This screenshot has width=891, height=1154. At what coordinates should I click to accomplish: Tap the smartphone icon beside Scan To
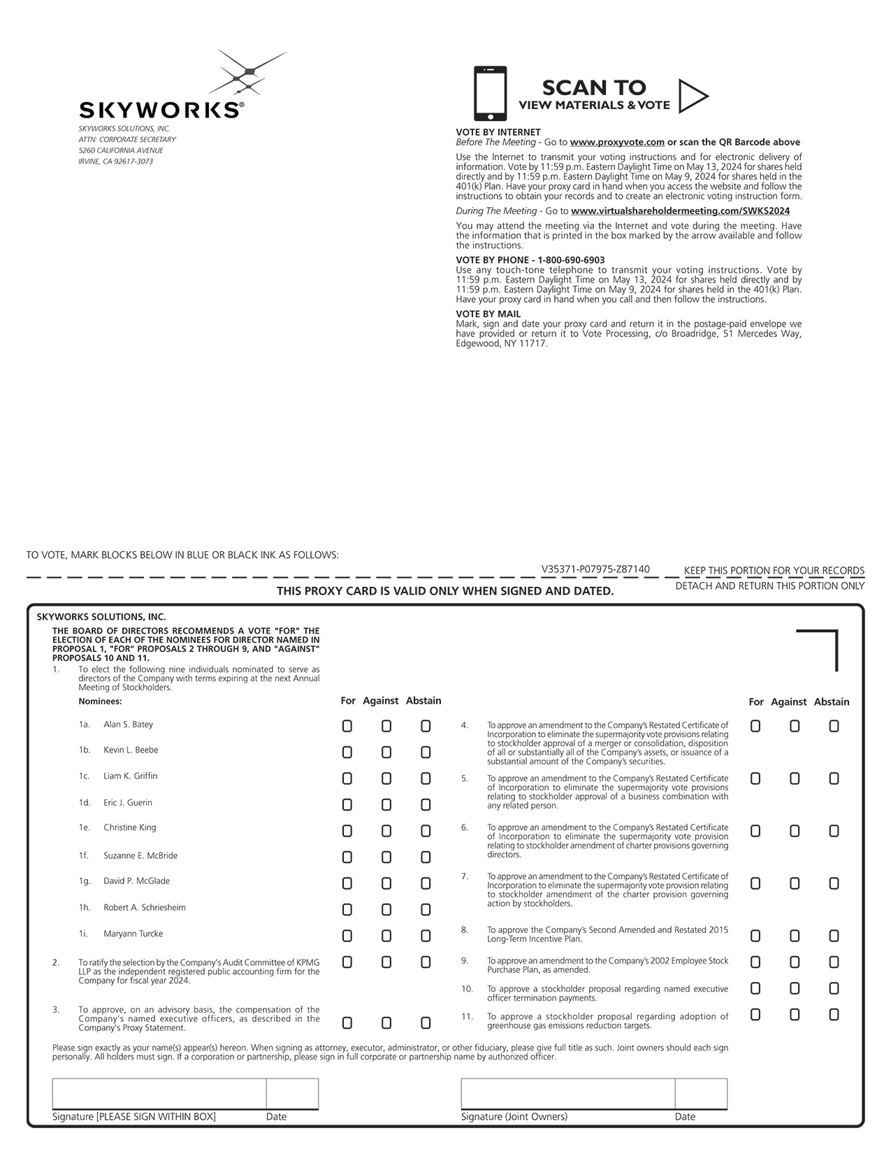click(490, 94)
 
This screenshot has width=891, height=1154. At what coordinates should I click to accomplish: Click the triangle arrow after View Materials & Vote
click(693, 96)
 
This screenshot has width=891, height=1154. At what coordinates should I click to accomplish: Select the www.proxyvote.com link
click(617, 142)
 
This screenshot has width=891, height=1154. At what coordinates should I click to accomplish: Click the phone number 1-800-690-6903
click(571, 260)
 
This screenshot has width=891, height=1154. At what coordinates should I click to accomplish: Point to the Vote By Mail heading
click(488, 314)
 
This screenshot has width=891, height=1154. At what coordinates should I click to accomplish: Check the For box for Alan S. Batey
click(347, 726)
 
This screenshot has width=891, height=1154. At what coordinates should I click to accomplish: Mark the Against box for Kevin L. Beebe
click(386, 753)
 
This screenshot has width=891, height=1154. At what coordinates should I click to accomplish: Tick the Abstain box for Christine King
click(426, 831)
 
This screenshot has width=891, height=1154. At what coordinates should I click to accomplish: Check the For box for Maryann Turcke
click(347, 936)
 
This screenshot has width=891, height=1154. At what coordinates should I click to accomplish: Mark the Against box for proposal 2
click(386, 962)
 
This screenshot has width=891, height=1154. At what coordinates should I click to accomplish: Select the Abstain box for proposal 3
click(426, 1023)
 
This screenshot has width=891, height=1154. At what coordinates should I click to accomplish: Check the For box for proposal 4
click(755, 726)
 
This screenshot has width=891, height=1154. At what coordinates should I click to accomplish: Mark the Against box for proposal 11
click(795, 1014)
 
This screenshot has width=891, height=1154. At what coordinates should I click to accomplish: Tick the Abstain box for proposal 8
click(834, 936)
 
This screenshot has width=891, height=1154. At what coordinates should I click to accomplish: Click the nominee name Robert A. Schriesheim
click(145, 908)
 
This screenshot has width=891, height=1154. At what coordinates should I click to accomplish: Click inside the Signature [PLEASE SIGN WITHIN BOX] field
click(159, 1094)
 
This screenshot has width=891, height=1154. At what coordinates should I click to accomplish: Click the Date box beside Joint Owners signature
click(701, 1094)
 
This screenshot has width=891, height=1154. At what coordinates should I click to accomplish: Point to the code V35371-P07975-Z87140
click(595, 569)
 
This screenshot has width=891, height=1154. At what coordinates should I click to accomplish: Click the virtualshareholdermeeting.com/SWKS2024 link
click(680, 211)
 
